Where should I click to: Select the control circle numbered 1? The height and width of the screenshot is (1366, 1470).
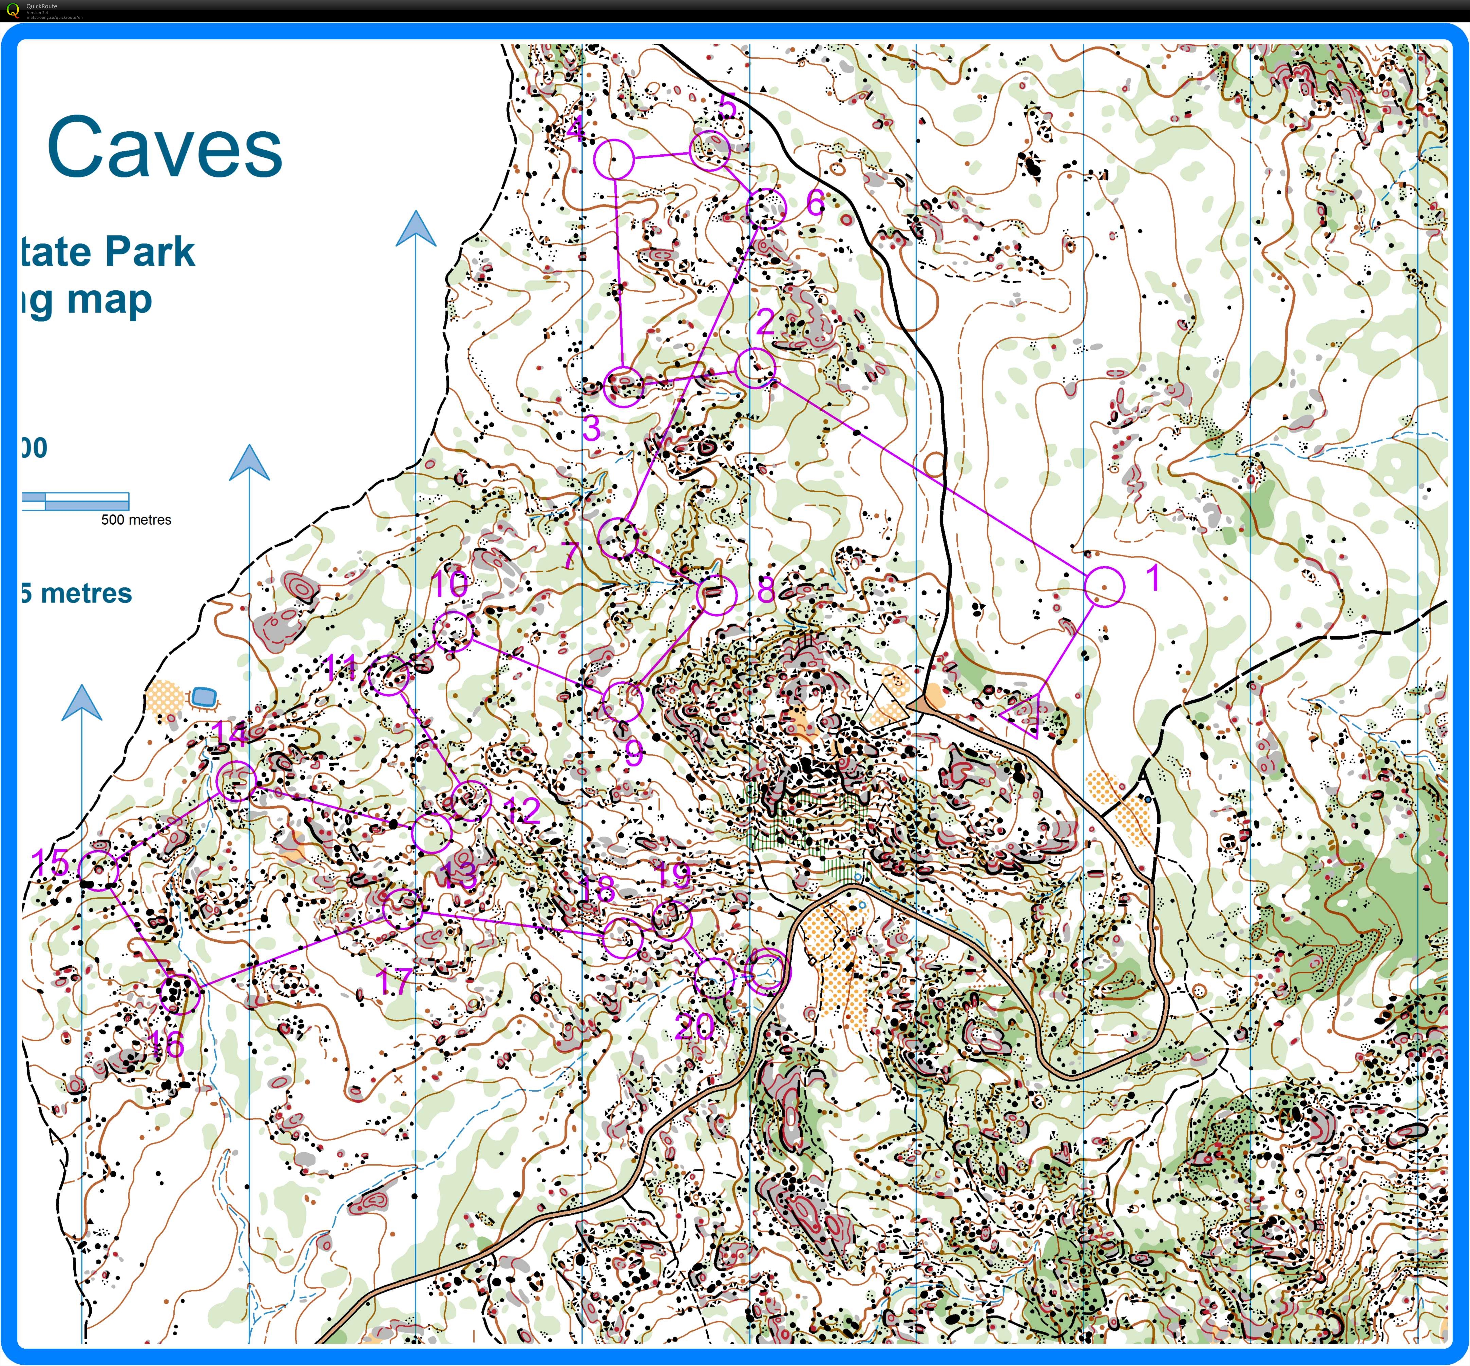[x=1104, y=586]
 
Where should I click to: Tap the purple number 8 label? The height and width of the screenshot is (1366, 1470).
[x=766, y=589]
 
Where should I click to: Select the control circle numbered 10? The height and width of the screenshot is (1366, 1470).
[x=453, y=630]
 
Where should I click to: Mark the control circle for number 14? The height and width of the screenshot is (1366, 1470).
[x=236, y=781]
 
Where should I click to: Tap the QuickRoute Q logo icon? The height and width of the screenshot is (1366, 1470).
[x=12, y=11]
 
